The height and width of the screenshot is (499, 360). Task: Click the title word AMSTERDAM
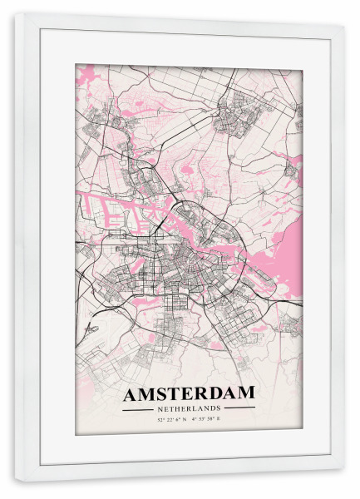pyautogui.click(x=189, y=393)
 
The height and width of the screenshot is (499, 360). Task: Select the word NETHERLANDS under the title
pyautogui.click(x=189, y=408)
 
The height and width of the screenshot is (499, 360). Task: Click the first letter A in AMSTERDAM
pyautogui.click(x=131, y=393)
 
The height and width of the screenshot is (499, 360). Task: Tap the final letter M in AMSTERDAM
pyautogui.click(x=246, y=393)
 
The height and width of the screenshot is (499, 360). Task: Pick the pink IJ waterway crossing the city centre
pyautogui.click(x=200, y=223)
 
